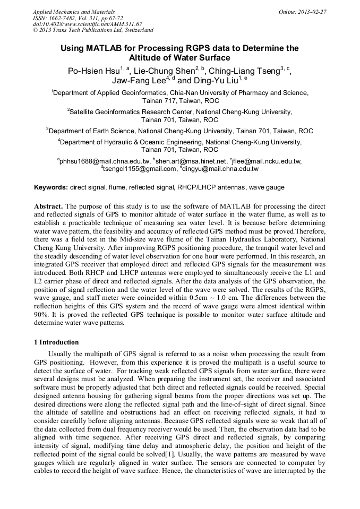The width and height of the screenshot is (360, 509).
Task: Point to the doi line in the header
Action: (88, 24)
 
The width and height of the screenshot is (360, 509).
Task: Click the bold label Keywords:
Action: (51, 187)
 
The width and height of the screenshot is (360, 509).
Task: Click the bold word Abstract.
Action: (48, 205)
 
